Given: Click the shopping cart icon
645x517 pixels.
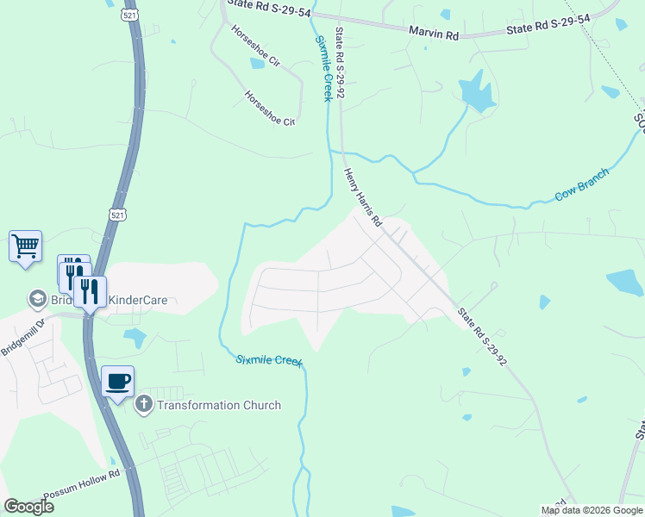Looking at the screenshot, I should point(25,246).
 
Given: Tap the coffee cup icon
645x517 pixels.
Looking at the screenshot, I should point(118,380).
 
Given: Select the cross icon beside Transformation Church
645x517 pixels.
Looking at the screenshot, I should point(144,403).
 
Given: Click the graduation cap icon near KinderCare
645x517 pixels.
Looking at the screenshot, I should point(37,298).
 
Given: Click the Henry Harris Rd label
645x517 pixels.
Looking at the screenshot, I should point(363,197).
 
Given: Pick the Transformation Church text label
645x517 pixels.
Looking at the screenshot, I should point(219,405).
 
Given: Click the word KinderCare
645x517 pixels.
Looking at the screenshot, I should point(137,301).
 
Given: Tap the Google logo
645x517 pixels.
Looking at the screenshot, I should point(28,506).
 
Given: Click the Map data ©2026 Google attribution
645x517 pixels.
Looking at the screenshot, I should point(591,510).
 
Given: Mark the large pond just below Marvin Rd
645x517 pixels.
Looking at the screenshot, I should point(476,92).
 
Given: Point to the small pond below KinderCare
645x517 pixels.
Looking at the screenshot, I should point(135,337).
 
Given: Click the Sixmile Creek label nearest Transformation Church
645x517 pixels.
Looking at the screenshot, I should point(269,360).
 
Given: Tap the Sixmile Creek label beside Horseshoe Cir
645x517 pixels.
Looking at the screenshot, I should point(322,69).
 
